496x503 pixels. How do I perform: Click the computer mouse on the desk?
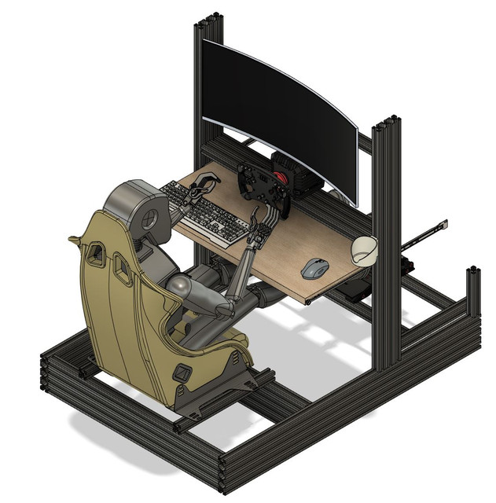tap(315, 269)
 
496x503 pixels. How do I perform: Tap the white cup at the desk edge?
tap(364, 250)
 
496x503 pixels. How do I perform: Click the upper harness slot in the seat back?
tap(96, 254)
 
